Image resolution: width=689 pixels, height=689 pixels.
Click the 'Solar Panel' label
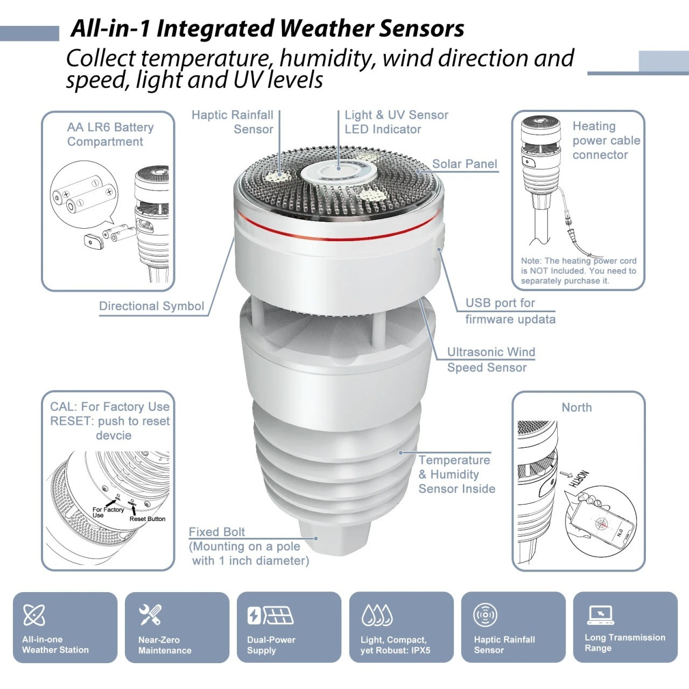(x=465, y=164)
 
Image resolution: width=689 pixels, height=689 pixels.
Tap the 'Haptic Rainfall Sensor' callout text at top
(x=233, y=122)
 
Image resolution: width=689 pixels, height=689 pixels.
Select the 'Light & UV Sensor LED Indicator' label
(x=396, y=122)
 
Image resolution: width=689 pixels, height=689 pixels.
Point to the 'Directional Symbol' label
(x=152, y=306)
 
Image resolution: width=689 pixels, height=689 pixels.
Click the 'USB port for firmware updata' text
(x=510, y=311)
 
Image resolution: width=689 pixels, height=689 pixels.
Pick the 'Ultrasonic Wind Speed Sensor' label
(x=490, y=360)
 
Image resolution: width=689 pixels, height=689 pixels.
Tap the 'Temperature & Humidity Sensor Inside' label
(x=456, y=474)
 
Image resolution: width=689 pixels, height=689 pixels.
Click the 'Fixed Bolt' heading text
(x=216, y=532)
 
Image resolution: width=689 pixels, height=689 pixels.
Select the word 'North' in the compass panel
(x=576, y=407)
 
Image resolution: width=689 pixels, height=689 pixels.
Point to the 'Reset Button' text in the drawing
(x=147, y=519)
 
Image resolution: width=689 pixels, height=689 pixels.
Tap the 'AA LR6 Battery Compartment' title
(x=110, y=135)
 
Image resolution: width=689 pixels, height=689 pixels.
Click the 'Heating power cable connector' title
(x=606, y=140)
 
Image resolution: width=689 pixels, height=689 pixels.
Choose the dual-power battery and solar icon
(x=270, y=615)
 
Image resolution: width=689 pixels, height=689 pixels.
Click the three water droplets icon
(x=377, y=615)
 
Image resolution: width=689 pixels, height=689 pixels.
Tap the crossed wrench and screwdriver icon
(x=150, y=615)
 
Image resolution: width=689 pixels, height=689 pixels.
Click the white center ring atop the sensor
(x=338, y=173)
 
